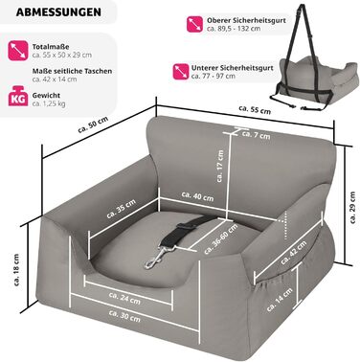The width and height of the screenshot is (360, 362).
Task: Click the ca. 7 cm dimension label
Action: (254, 134)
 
